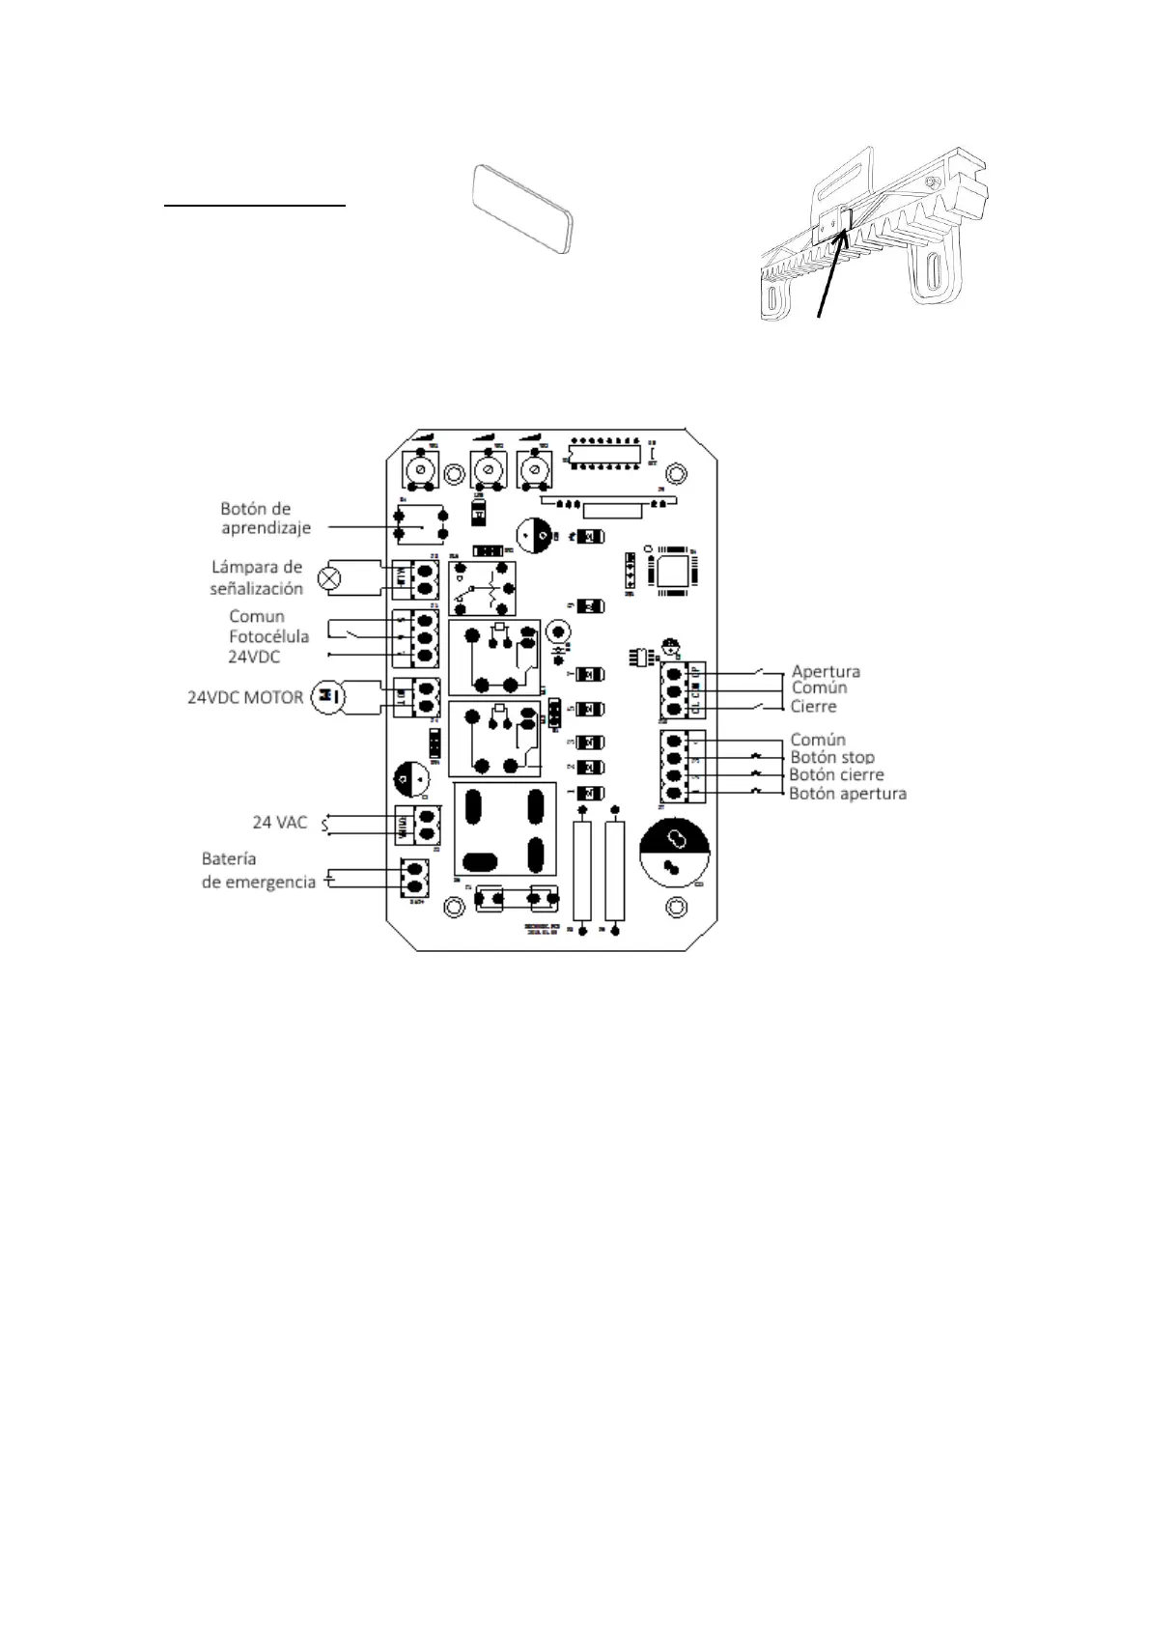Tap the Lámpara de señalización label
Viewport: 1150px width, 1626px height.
pos(257,577)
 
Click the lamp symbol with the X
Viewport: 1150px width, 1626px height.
pos(330,578)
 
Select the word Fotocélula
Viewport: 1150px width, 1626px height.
pos(268,636)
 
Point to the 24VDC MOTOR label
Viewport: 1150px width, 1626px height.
pos(245,697)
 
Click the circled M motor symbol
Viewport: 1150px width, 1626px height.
pos(326,697)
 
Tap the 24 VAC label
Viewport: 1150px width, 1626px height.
pos(280,823)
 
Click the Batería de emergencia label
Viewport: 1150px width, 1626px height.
pos(258,870)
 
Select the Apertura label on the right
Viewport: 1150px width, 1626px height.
pos(826,671)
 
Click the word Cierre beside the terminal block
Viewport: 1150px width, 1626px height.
pos(814,707)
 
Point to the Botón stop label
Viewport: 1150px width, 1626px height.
pos(832,758)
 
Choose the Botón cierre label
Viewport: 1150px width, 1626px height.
pos(836,775)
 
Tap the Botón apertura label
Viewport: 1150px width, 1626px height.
pos(848,794)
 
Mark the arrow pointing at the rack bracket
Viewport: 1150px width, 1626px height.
pos(832,271)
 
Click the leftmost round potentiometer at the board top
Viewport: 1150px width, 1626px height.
pos(421,472)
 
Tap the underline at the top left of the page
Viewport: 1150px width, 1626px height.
pos(254,206)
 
